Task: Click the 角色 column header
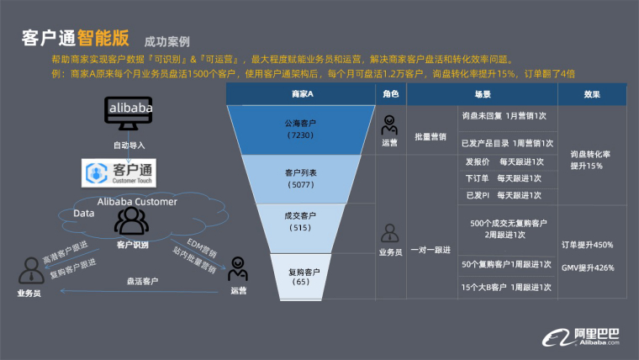coord(390,95)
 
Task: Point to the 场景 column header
coord(483,95)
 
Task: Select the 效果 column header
coord(592,95)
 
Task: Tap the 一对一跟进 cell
coord(430,250)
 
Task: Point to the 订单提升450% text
coord(587,245)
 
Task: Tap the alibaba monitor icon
coord(129,114)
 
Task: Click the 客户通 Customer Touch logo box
coord(124,174)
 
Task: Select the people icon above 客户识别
coord(131,221)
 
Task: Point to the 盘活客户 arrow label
coord(142,282)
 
